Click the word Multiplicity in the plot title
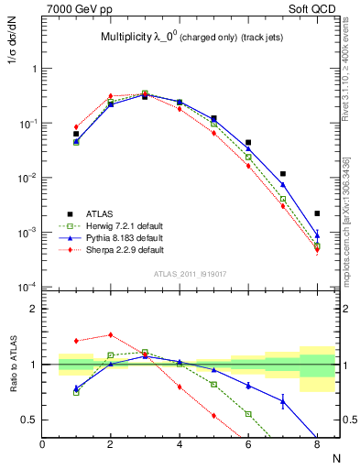point(127,38)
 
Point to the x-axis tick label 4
point(180,444)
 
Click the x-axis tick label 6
point(248,444)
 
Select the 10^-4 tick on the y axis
point(27,287)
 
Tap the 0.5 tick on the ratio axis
point(29,420)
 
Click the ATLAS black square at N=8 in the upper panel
point(317,213)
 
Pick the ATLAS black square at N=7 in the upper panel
point(283,173)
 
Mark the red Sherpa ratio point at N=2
point(111,335)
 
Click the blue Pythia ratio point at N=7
point(283,401)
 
